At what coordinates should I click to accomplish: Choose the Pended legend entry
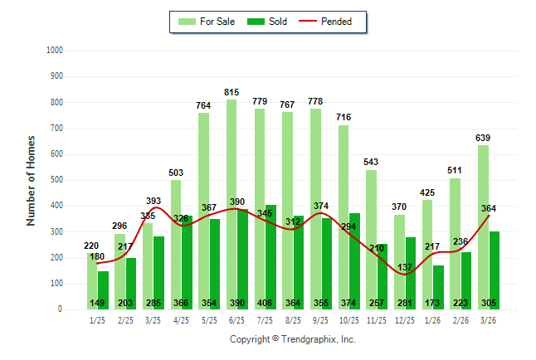336,22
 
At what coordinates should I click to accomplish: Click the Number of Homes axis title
32,180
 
